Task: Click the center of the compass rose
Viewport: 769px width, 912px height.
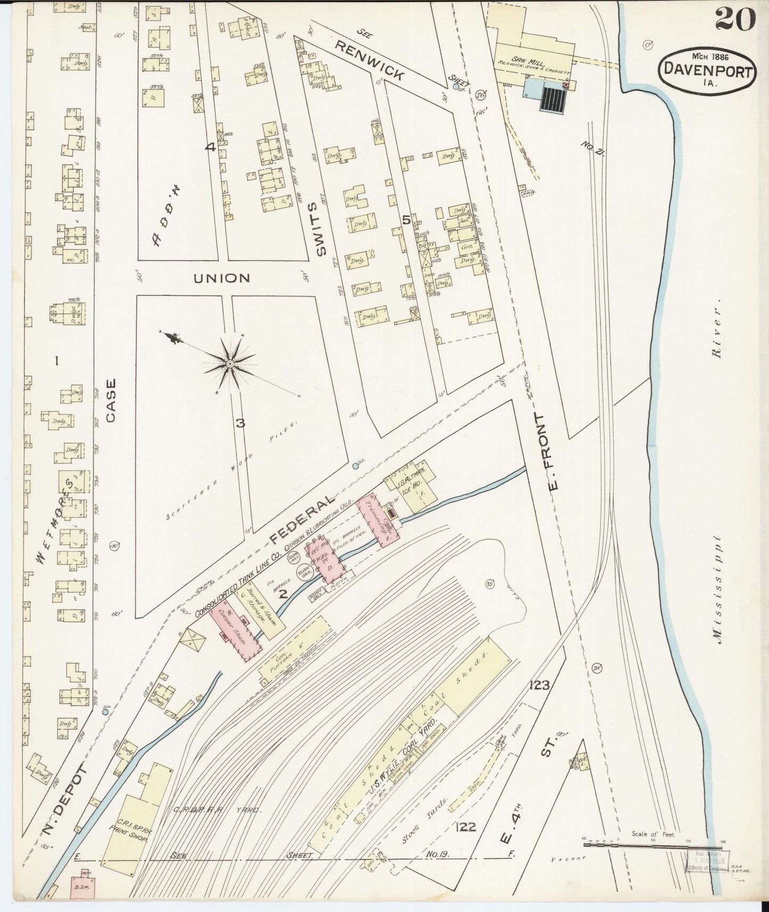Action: [x=229, y=363]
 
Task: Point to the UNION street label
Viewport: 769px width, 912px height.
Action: [x=221, y=278]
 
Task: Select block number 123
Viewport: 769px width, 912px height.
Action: [x=539, y=685]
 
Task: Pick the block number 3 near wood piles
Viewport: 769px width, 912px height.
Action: [x=240, y=424]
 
